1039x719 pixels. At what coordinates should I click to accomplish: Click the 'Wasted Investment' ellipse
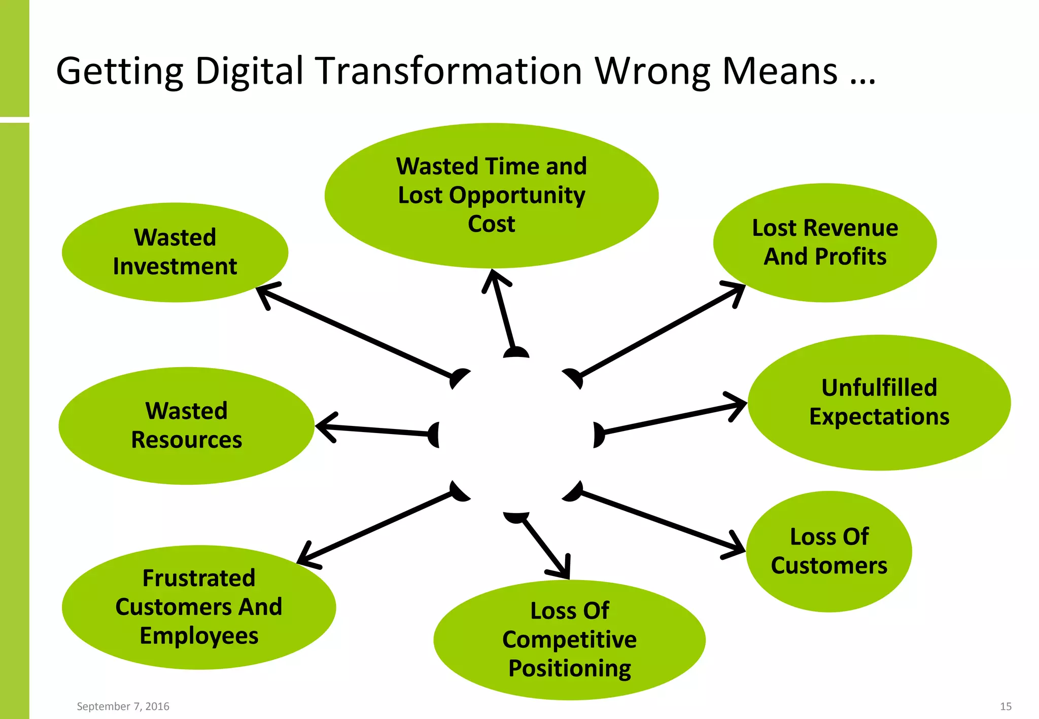coord(175,252)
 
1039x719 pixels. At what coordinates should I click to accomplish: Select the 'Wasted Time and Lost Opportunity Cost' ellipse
coord(491,195)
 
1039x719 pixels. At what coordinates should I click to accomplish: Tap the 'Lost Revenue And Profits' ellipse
coord(825,242)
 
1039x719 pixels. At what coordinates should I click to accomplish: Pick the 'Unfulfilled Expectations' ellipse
coord(879,402)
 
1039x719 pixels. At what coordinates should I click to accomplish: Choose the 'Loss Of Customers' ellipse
coord(829,551)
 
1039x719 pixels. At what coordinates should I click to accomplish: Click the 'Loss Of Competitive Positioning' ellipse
coord(569,639)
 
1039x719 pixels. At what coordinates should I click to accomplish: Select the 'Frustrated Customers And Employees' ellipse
coord(198,607)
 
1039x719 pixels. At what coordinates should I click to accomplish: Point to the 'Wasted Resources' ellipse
coord(186,425)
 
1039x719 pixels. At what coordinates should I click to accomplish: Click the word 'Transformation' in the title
coord(449,71)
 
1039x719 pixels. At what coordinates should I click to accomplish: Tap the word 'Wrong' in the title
coord(652,71)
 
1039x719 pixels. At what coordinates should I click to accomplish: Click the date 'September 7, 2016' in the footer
coord(123,706)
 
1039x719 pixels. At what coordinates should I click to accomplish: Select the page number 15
coord(1006,706)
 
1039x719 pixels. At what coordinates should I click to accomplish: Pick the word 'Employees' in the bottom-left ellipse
coord(199,636)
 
